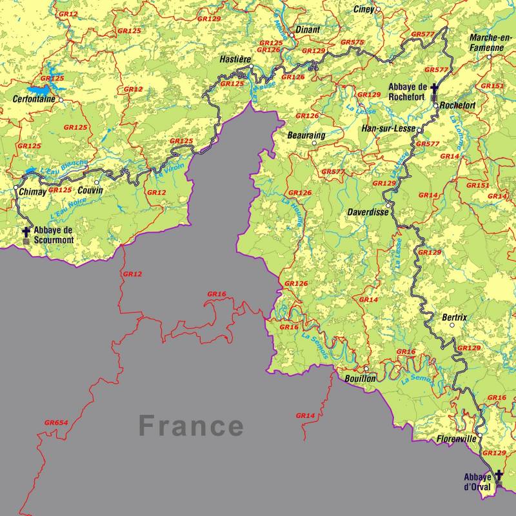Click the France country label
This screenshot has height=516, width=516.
click(192, 426)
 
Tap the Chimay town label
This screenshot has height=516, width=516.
click(33, 192)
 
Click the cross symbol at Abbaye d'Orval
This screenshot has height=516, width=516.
click(499, 475)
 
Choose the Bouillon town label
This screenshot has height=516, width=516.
click(359, 379)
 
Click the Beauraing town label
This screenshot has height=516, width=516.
click(306, 135)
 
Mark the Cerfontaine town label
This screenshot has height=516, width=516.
click(34, 100)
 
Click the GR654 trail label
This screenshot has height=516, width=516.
click(56, 422)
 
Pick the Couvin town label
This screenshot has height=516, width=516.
click(90, 190)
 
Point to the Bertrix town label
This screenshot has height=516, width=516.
click(455, 317)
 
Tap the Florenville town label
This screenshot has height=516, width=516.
click(456, 439)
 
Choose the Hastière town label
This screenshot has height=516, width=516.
click(235, 59)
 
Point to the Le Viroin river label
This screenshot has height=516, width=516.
click(169, 170)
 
